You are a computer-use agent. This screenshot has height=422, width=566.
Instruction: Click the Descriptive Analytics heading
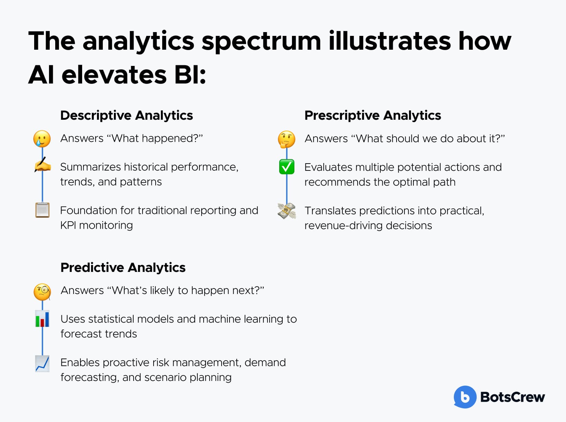pyautogui.click(x=127, y=115)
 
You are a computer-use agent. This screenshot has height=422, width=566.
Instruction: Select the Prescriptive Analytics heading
pyautogui.click(x=373, y=115)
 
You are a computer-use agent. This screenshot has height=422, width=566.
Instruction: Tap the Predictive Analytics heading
pyautogui.click(x=123, y=267)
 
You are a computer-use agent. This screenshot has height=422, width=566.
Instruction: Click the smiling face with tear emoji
pyautogui.click(x=42, y=139)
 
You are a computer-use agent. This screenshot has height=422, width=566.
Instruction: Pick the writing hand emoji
pyautogui.click(x=42, y=165)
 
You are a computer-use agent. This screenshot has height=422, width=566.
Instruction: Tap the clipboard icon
pyautogui.click(x=42, y=210)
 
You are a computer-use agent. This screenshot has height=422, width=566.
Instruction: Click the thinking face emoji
pyautogui.click(x=286, y=139)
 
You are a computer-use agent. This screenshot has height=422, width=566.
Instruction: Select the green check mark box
pyautogui.click(x=287, y=167)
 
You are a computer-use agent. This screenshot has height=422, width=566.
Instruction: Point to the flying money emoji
pyautogui.click(x=287, y=211)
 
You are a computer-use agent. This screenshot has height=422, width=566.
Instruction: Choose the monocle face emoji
pyautogui.click(x=42, y=292)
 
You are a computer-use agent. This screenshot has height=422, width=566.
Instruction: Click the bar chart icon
pyautogui.click(x=42, y=318)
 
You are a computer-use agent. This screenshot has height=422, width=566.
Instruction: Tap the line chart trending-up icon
pyautogui.click(x=42, y=363)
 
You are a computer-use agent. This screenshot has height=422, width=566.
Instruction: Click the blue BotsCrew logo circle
pyautogui.click(x=465, y=397)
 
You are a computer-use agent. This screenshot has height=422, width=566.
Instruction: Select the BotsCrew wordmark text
pyautogui.click(x=513, y=397)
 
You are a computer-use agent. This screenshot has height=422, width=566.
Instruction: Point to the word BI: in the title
pyautogui.click(x=190, y=75)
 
